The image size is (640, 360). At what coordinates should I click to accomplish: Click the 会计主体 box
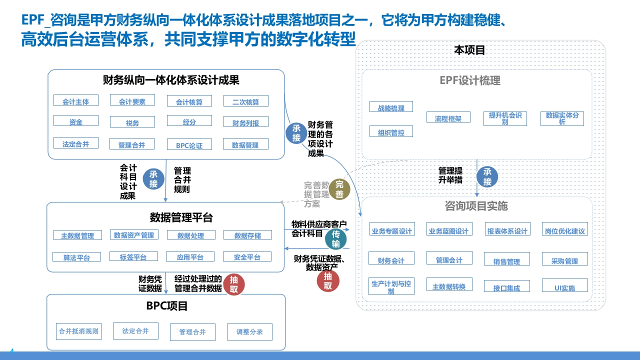(x=76, y=100)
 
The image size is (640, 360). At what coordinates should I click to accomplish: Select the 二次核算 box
(x=245, y=101)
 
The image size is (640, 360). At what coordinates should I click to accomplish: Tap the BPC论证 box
(x=189, y=144)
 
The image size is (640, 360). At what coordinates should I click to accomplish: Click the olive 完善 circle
(x=339, y=189)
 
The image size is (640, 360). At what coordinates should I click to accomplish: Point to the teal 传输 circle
(x=335, y=239)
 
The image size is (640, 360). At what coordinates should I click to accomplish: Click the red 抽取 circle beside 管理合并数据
(x=233, y=284)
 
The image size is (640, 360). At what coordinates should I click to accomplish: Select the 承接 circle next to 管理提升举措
(x=487, y=176)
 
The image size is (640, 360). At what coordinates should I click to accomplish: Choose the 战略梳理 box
(x=391, y=106)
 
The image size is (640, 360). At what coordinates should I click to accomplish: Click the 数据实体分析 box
(x=562, y=118)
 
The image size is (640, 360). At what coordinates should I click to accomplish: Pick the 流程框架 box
(x=448, y=117)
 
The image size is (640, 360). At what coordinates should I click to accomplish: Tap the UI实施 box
(x=565, y=285)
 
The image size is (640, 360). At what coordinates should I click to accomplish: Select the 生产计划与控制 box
(x=391, y=286)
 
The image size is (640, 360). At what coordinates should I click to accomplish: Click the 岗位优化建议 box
(x=565, y=229)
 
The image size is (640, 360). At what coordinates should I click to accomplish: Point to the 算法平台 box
(x=76, y=256)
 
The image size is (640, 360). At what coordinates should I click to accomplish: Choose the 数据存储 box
(x=247, y=235)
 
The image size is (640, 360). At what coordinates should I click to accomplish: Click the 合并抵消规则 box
(x=78, y=331)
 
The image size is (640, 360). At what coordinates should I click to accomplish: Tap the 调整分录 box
(x=249, y=332)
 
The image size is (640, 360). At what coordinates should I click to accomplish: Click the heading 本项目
(x=469, y=50)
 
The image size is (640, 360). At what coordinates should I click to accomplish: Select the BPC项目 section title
(x=167, y=306)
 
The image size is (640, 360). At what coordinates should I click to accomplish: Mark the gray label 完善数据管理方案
(x=316, y=194)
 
